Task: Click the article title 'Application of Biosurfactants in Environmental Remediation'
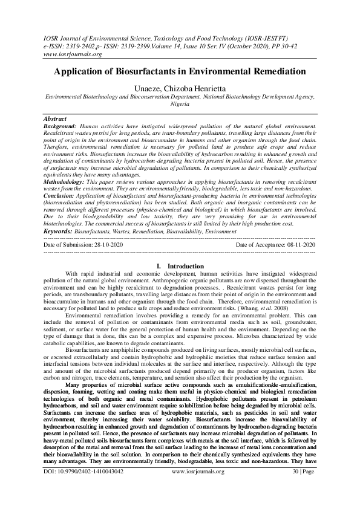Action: [x=180, y=71]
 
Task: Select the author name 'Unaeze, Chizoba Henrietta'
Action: [x=180, y=88]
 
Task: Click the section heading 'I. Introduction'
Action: [x=180, y=266]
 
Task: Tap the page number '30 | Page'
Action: [x=301, y=503]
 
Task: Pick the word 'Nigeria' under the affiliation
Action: [x=180, y=103]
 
